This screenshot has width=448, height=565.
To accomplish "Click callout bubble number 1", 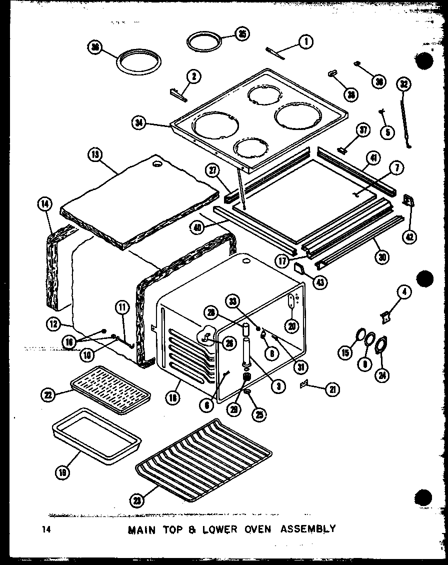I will [304, 42].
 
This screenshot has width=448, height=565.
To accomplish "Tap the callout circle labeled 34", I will [140, 122].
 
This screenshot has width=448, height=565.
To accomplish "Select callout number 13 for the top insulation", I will [93, 154].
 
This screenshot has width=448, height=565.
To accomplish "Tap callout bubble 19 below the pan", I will [63, 471].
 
